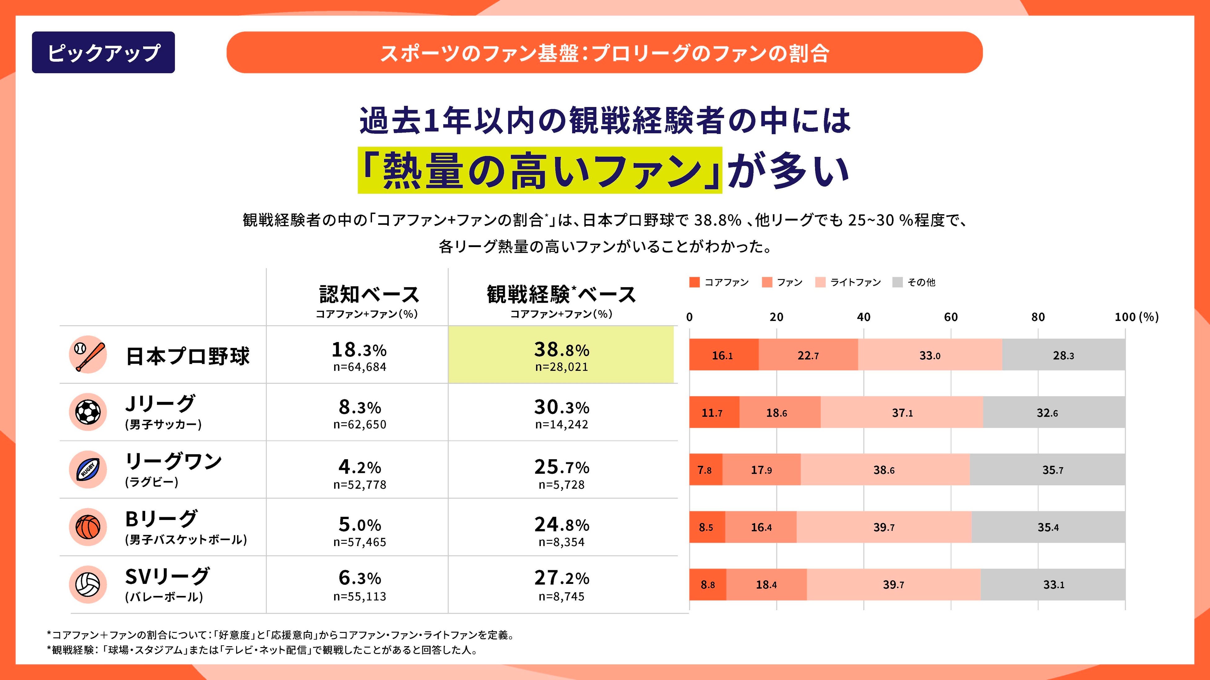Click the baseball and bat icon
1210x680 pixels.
(x=88, y=355)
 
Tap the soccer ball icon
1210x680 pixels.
(x=88, y=412)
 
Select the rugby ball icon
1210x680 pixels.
(x=88, y=469)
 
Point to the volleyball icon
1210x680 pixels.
(x=88, y=584)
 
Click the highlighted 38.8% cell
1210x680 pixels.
(x=561, y=355)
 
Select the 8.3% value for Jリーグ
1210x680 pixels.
(x=360, y=407)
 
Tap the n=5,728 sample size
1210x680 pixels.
(x=561, y=485)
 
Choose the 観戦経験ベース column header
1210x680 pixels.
(x=561, y=295)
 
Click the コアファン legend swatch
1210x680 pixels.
(x=694, y=282)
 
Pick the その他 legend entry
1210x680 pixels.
(x=921, y=282)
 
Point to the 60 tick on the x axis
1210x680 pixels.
(x=951, y=317)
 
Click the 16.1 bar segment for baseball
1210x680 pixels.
(x=724, y=355)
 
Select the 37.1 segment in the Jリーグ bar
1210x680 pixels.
(x=902, y=412)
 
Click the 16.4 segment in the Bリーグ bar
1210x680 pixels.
(x=761, y=527)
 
